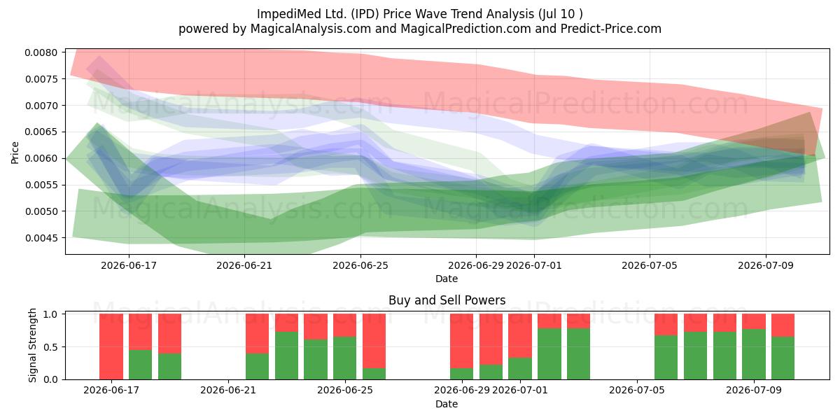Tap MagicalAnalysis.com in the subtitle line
point(311,29)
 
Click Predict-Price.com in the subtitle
point(611,29)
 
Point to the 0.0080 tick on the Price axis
point(41,52)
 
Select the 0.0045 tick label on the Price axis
point(41,238)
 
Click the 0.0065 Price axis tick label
point(41,132)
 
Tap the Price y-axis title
point(15,153)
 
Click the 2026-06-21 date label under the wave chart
point(244,265)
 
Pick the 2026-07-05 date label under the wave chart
point(650,265)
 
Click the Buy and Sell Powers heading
point(447,300)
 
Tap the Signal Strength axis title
point(33,345)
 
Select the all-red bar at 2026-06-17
point(111,346)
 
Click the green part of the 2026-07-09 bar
point(754,354)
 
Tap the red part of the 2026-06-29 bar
point(461,341)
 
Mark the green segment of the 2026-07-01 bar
point(520,369)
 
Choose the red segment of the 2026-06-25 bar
point(344,325)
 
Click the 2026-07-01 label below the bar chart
point(519,391)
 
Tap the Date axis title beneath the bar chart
point(447,405)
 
